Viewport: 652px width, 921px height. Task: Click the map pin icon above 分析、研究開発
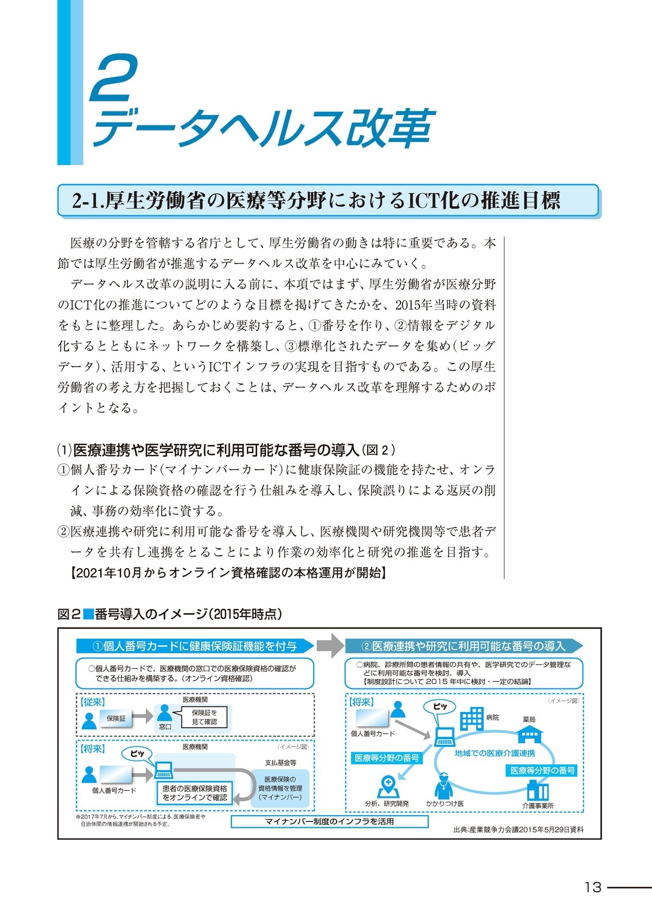(x=388, y=786)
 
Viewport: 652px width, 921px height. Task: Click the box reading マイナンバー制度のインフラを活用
(x=329, y=821)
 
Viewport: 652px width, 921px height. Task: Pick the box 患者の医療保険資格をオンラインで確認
(x=195, y=793)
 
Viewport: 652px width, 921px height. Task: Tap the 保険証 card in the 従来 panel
(x=116, y=718)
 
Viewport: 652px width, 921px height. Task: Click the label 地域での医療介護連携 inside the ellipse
(x=494, y=753)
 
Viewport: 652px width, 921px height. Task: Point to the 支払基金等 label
(x=280, y=763)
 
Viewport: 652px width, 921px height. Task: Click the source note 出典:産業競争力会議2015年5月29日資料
(x=518, y=829)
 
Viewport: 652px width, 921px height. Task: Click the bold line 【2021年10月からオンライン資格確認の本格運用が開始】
(x=228, y=573)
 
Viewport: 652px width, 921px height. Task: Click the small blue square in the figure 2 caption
(x=88, y=614)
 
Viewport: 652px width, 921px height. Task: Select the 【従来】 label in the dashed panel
(x=92, y=702)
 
